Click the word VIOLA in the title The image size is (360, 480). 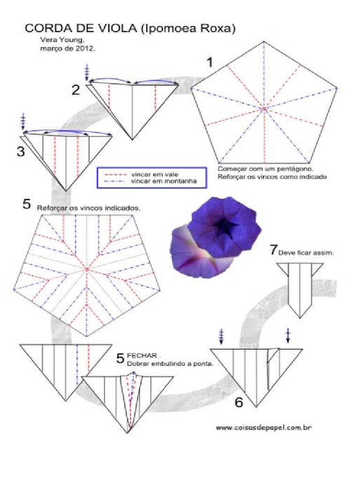[113, 29]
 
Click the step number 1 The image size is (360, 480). [210, 62]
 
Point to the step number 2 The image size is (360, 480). [76, 90]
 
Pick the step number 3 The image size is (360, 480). [20, 152]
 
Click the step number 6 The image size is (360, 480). [239, 402]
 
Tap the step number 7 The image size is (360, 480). [273, 250]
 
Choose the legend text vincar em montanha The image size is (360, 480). [156, 181]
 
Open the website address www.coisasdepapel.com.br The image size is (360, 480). [264, 427]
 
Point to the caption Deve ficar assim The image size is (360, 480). [306, 253]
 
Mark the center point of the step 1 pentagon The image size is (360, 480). [264, 109]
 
